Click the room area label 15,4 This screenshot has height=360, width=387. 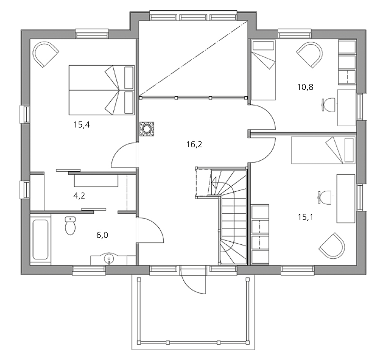click(x=82, y=125)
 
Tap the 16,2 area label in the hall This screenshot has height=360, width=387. click(x=194, y=144)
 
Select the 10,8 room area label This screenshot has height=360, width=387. click(x=305, y=87)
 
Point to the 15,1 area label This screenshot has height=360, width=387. click(x=305, y=217)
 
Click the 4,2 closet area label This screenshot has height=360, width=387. click(x=79, y=196)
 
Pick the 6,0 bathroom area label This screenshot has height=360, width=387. click(x=102, y=235)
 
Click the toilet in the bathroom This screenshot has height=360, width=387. click(x=70, y=225)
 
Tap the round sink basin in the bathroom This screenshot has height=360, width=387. click(x=109, y=259)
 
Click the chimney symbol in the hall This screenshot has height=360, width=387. click(x=147, y=129)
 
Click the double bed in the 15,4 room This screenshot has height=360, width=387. click(x=102, y=90)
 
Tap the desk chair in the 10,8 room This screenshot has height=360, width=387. click(x=329, y=104)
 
